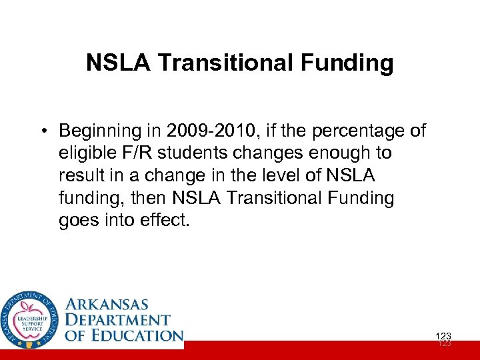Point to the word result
click(83, 175)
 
